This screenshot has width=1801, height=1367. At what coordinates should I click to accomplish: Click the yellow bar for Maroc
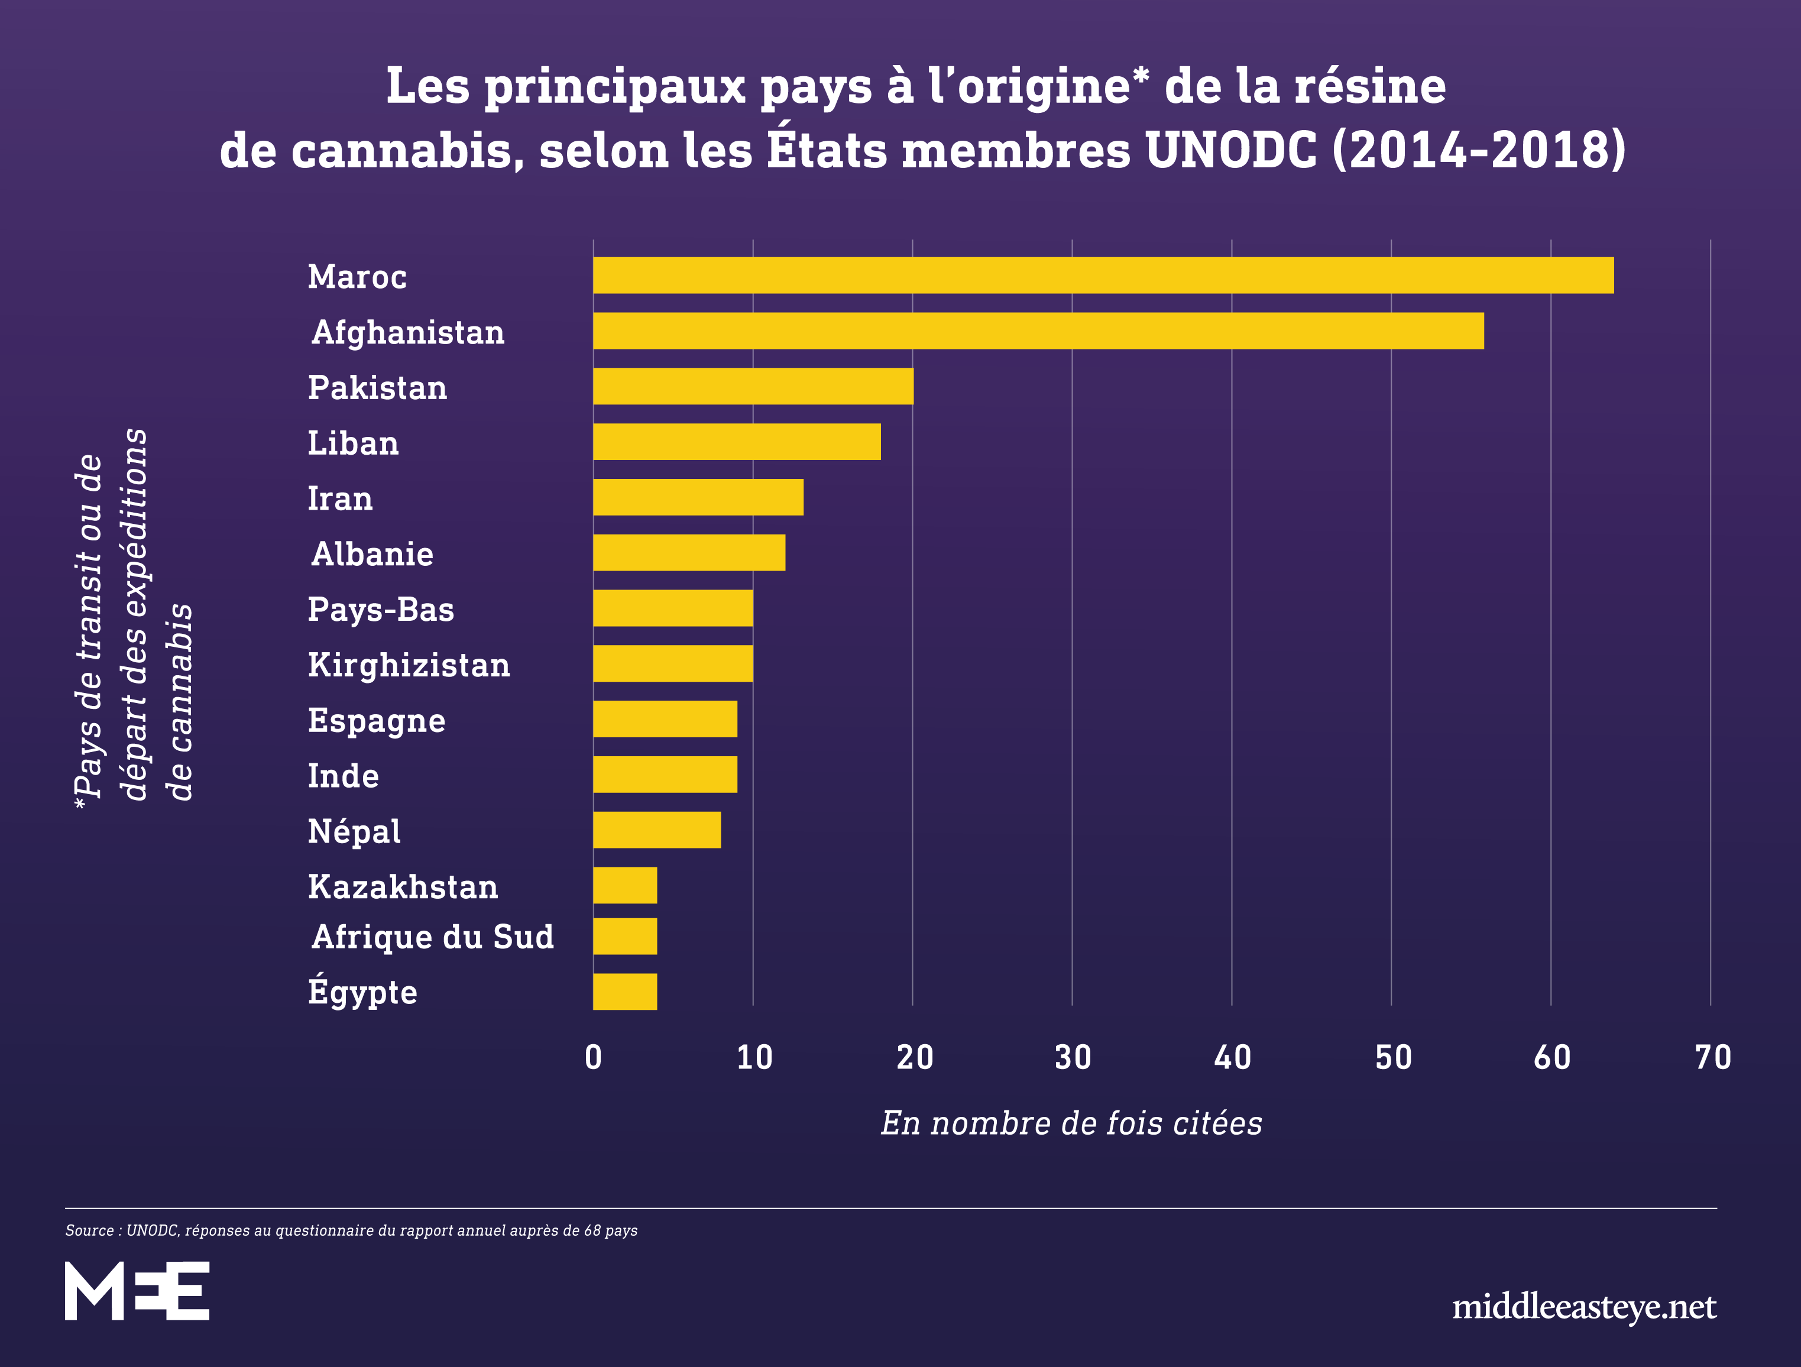pos(1103,275)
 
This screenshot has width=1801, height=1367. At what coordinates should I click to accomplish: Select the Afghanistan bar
pos(1038,331)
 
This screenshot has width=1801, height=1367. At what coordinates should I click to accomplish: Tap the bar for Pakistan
pos(753,386)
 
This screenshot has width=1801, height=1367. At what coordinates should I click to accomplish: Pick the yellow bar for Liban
pos(737,441)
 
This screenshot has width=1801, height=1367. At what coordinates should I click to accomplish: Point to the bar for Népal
pos(657,830)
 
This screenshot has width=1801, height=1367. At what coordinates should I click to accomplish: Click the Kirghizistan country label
pos(409,665)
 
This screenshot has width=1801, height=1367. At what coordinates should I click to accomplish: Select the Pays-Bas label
pos(381,610)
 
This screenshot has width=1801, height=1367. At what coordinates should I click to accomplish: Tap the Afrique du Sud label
pos(432,937)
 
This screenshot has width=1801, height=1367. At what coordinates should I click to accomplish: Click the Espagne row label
pos(376,721)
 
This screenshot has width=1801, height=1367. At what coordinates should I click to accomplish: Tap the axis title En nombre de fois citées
pos(1071,1123)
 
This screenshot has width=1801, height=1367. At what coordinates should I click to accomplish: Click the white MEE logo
pos(137,1291)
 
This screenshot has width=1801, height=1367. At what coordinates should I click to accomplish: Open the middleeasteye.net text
pos(1583,1307)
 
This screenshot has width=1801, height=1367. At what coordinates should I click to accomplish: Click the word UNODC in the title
pos(1229,151)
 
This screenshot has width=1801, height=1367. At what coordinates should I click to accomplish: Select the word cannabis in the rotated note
pos(180,701)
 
